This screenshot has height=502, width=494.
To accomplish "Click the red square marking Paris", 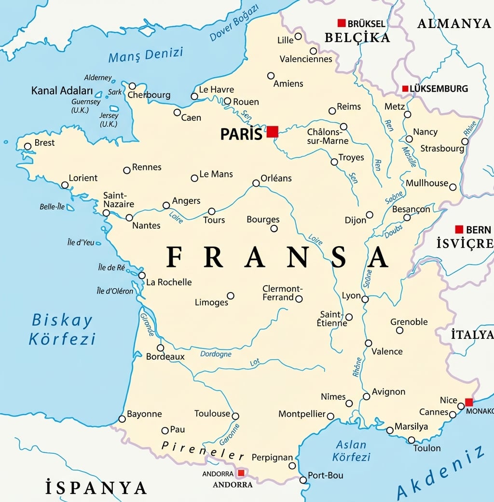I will click(273, 132).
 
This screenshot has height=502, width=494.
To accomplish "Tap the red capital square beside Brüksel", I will click(342, 23).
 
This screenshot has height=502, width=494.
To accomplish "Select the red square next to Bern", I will click(459, 229).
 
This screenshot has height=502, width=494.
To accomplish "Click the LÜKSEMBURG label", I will click(439, 89).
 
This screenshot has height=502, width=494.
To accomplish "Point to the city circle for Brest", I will click(27, 146).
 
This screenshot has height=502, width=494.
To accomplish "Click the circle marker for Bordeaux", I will click(160, 348).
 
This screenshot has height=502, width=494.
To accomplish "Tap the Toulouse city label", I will click(212, 414).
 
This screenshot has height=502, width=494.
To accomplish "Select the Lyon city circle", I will click(365, 299).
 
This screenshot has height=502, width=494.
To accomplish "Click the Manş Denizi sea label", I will click(146, 55).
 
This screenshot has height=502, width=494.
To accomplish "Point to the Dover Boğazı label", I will click(235, 23).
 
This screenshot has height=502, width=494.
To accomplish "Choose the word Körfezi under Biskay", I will click(62, 339).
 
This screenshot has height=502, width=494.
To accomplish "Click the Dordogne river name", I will click(216, 354).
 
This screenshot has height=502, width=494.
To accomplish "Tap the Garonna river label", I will click(231, 435).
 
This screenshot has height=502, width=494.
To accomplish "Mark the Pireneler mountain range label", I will click(203, 451).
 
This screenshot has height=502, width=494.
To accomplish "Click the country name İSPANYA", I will click(96, 487).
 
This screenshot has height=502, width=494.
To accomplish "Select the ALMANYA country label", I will click(454, 23).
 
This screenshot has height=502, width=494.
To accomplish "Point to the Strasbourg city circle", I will click(465, 141).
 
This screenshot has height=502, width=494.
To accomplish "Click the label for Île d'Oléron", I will click(115, 291).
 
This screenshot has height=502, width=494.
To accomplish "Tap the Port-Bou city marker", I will click(303, 480).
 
